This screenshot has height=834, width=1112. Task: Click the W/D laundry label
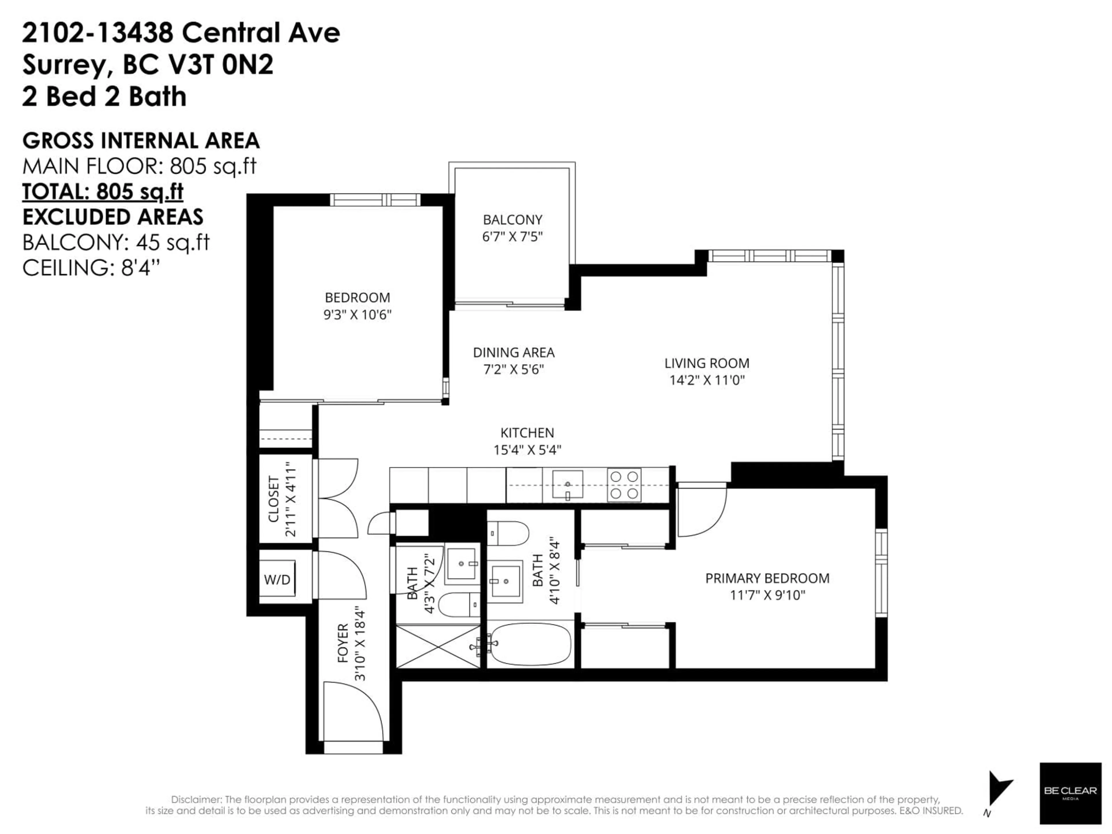277,580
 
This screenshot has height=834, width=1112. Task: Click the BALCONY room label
512,220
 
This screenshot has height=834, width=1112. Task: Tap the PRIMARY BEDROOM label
767,578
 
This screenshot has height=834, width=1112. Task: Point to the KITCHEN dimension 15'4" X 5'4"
527,449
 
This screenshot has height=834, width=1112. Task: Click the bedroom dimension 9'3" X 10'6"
357,315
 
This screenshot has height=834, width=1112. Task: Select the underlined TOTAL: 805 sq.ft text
103,191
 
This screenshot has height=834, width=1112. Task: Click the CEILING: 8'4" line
91,268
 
